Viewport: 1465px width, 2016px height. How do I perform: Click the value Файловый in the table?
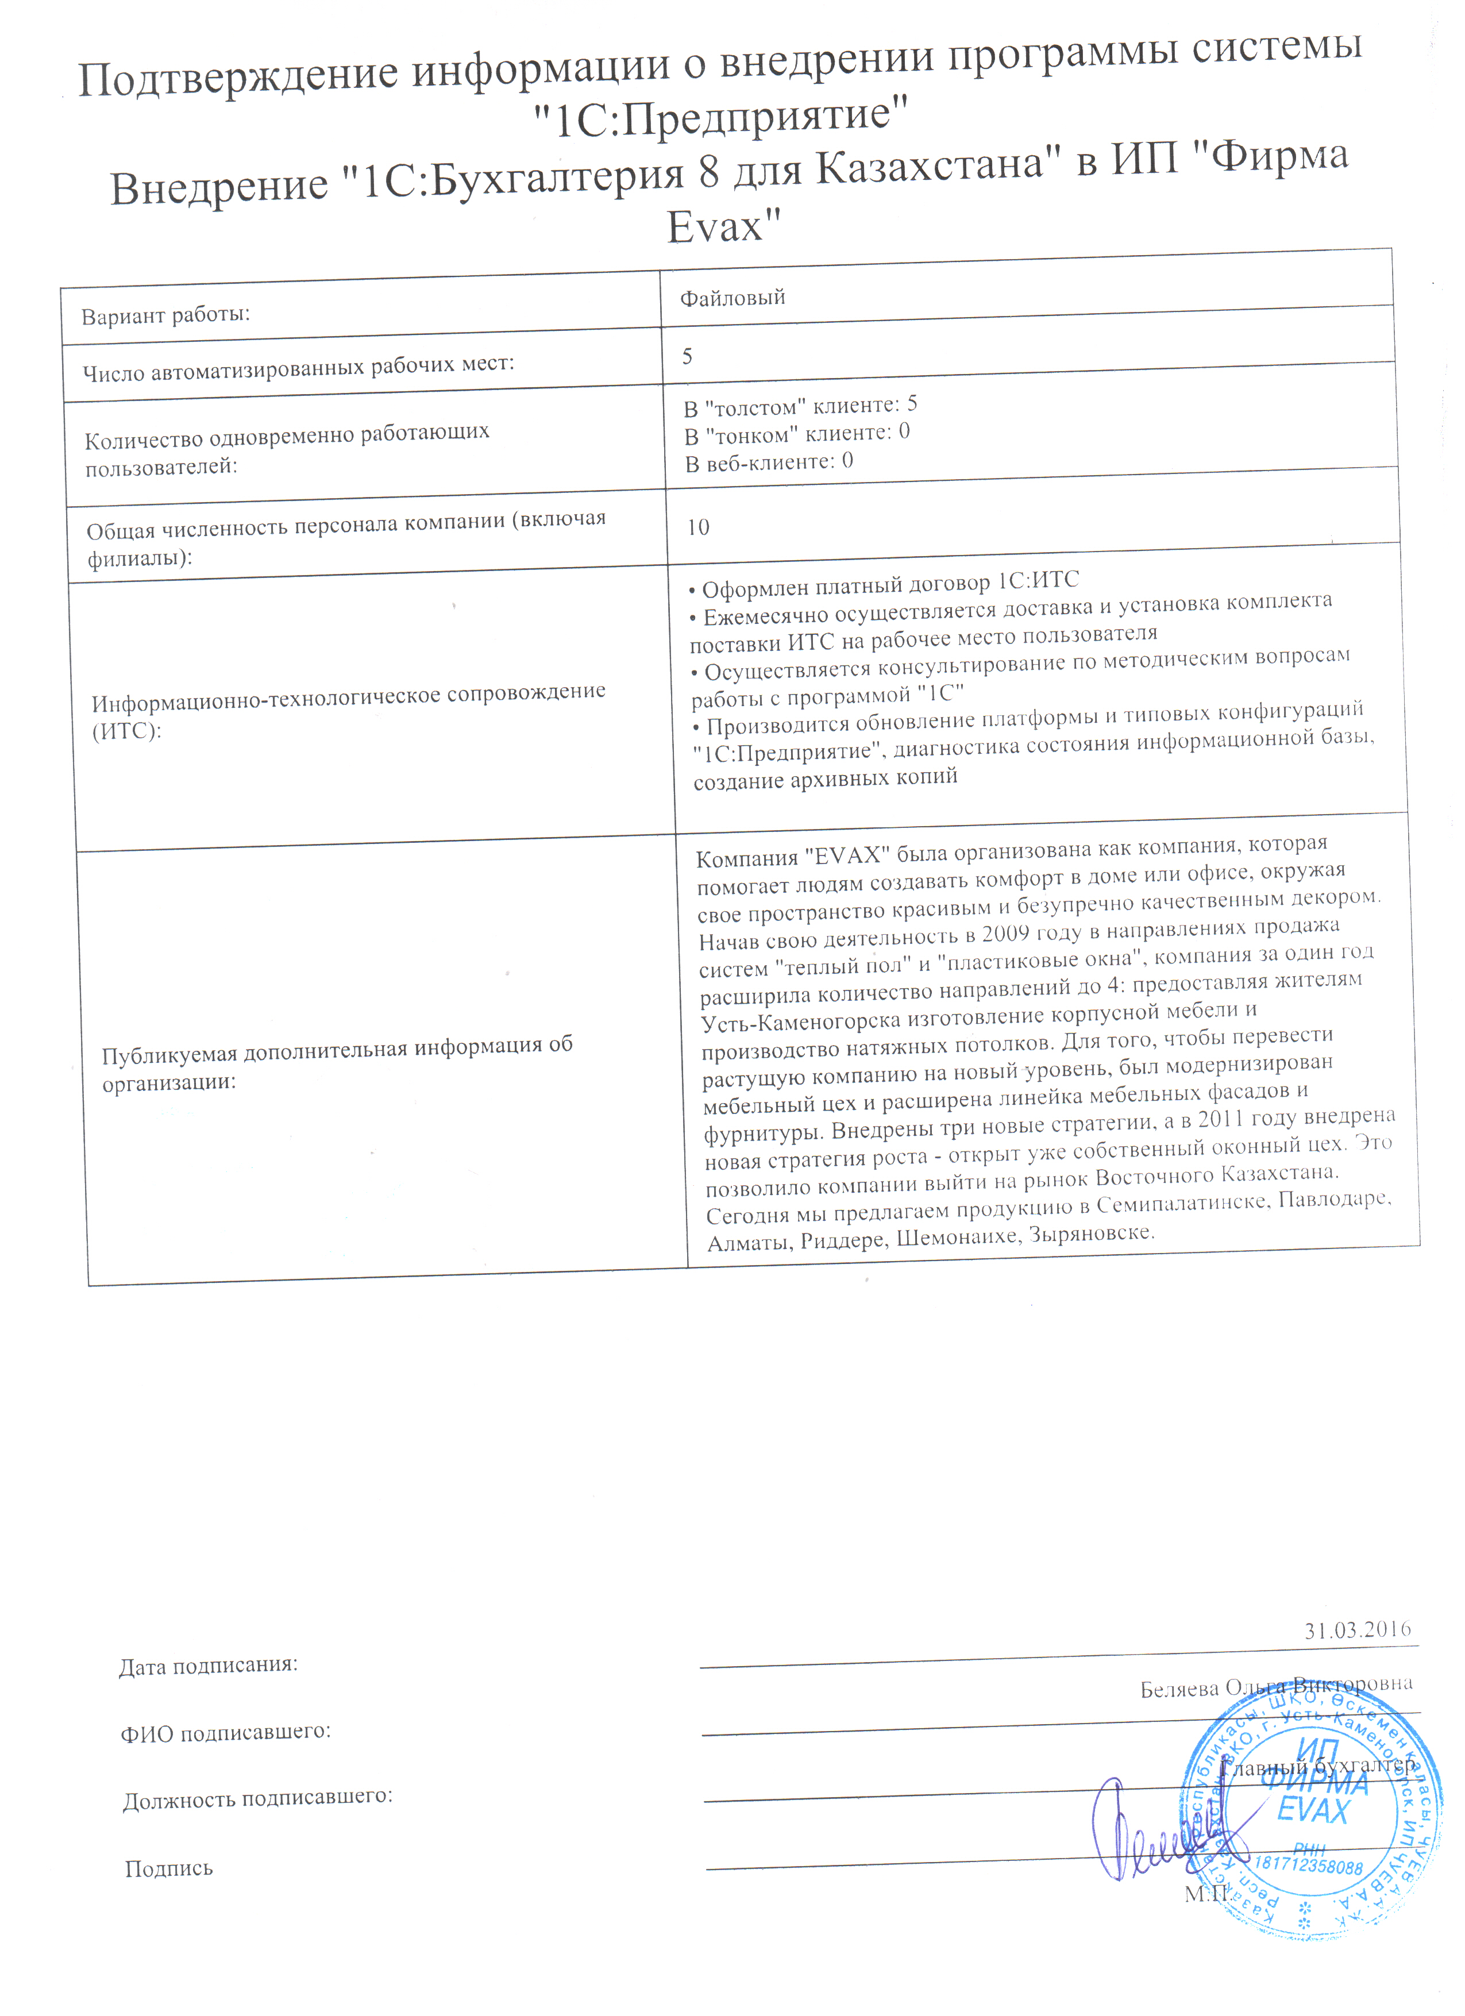[732, 298]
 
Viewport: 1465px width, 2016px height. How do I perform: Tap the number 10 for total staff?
[698, 527]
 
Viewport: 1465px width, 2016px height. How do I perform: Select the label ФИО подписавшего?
[226, 1732]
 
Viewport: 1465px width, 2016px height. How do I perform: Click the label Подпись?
[169, 1868]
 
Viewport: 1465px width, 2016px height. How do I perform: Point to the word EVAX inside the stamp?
[1312, 1811]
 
